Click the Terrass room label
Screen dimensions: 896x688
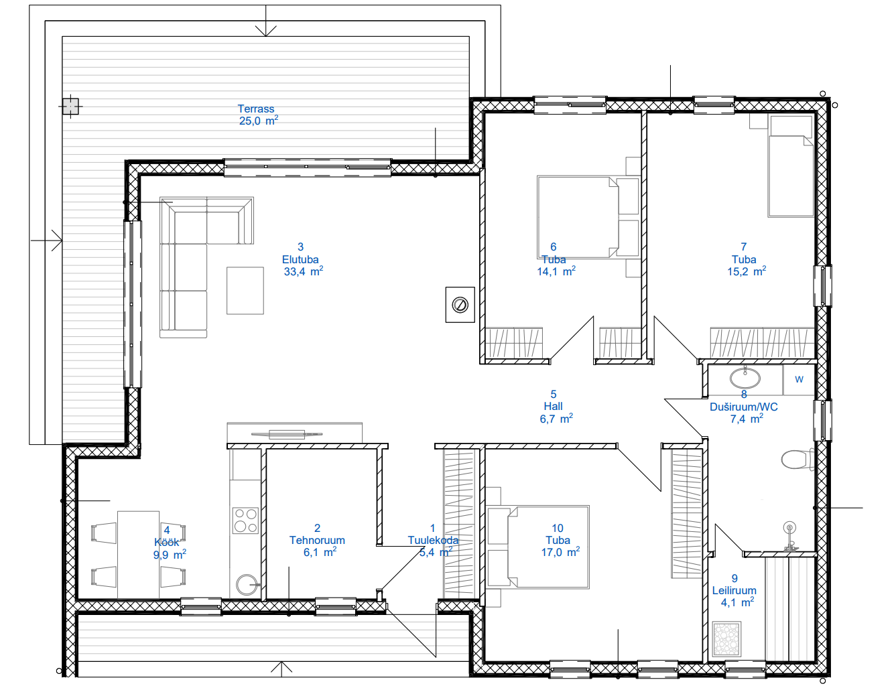pyautogui.click(x=255, y=109)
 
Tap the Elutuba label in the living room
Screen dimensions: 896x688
pyautogui.click(x=300, y=259)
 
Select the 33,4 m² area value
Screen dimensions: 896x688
pyautogui.click(x=304, y=271)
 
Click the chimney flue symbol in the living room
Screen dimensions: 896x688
pyautogui.click(x=460, y=305)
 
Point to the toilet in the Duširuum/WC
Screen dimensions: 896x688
pyautogui.click(x=797, y=460)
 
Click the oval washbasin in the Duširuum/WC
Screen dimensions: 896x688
pyautogui.click(x=745, y=378)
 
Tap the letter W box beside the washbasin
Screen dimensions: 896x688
pyautogui.click(x=799, y=379)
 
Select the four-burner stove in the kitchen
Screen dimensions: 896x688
pyautogui.click(x=245, y=521)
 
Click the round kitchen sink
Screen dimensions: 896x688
pyautogui.click(x=247, y=585)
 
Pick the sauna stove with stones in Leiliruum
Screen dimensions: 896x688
pyautogui.click(x=726, y=639)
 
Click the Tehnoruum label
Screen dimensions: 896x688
pyautogui.click(x=317, y=540)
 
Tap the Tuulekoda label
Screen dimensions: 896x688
pyautogui.click(x=433, y=540)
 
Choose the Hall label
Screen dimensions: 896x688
pyautogui.click(x=553, y=406)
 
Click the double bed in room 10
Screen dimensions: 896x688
pyautogui.click(x=537, y=547)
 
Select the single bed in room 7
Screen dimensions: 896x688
pyautogui.click(x=790, y=166)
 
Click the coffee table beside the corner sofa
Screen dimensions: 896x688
pyautogui.click(x=245, y=291)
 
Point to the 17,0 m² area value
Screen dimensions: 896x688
pyautogui.click(x=560, y=551)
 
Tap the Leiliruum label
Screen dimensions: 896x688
pyautogui.click(x=734, y=590)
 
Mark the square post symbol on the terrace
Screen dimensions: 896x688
pyautogui.click(x=70, y=107)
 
